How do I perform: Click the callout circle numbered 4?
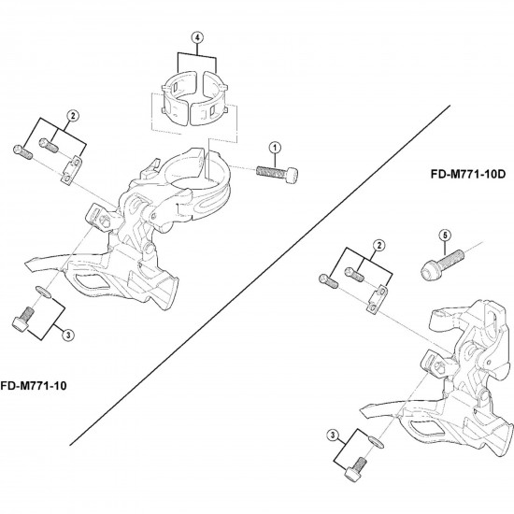click(x=197, y=37)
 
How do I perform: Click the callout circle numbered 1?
click(x=275, y=148)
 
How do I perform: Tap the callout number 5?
click(x=445, y=236)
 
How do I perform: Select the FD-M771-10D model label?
click(x=468, y=174)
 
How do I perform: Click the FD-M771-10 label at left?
click(x=33, y=386)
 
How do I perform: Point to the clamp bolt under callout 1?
click(x=277, y=174)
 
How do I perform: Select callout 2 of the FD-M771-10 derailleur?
click(x=73, y=115)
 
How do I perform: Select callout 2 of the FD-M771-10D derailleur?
click(x=379, y=245)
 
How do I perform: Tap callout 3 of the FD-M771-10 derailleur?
click(x=68, y=335)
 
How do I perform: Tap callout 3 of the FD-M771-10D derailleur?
click(x=333, y=435)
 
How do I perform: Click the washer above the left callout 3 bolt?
click(x=43, y=292)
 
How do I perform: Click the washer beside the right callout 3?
click(x=376, y=442)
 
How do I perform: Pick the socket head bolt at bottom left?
click(x=23, y=319)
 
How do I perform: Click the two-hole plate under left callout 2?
click(x=71, y=170)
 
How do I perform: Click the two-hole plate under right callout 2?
click(x=377, y=300)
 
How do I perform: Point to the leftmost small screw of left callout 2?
click(x=22, y=152)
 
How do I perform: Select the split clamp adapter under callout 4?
click(x=194, y=97)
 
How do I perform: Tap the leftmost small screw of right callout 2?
click(x=328, y=282)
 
